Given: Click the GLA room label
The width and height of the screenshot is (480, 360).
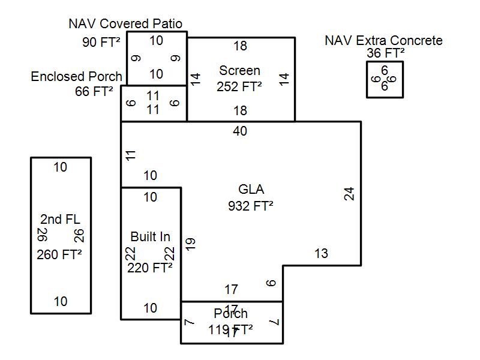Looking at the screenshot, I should pos(251,190).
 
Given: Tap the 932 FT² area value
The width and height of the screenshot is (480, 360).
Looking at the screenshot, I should pos(251,206).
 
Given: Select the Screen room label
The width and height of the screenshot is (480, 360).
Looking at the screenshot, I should pos(239,71).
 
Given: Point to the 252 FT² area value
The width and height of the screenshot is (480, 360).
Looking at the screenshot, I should pos(239,86).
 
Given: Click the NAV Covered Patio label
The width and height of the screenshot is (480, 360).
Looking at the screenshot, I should pos(125,24).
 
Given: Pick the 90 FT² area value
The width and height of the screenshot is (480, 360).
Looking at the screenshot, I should pos(101,42).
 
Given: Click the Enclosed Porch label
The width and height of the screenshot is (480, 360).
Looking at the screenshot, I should pos(76,77).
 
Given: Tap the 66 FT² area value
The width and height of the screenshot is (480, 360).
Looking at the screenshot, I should pos(94,92).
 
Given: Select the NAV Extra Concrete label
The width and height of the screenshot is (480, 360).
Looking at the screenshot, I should pos(383,40).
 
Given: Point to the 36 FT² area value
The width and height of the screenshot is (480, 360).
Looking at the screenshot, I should pos(386,53).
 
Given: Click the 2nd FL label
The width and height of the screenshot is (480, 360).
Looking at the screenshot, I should pos(60,219).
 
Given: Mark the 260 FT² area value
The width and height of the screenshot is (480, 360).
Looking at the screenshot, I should pos(59,254).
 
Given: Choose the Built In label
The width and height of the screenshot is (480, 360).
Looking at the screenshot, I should pos(150,237).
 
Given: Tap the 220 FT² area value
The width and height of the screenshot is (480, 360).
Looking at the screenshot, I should pos(150,268).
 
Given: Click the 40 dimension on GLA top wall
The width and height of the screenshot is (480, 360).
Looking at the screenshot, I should pos(240,131).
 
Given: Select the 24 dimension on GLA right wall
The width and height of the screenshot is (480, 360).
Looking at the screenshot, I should pos(349,194).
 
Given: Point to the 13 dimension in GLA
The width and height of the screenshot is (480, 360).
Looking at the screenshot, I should pos(322,253).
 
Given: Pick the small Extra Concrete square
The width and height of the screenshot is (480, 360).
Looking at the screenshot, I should pos(385,79).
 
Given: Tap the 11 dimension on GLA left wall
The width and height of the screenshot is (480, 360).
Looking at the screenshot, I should pos(131,155).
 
